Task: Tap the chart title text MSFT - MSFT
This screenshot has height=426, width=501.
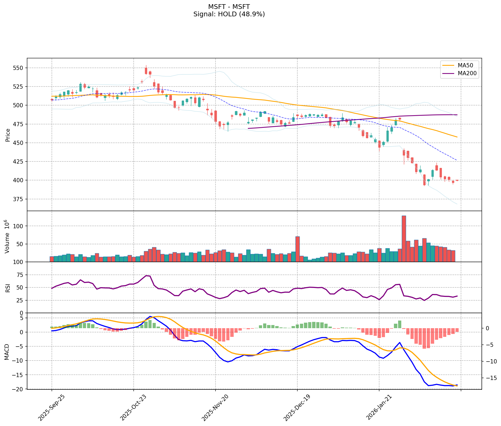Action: tap(229, 7)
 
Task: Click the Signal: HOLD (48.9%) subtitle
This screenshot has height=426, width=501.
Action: tap(229, 14)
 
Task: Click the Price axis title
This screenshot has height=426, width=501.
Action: tap(8, 135)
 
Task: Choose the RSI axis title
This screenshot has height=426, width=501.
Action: tap(8, 288)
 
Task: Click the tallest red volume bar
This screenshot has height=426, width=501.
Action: tap(404, 239)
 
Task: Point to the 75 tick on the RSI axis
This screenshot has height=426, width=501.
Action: tap(20, 275)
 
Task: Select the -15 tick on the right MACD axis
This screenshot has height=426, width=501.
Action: tap(490, 378)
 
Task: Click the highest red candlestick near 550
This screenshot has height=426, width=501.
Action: tap(146, 71)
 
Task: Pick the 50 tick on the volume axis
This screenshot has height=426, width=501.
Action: tap(20, 244)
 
